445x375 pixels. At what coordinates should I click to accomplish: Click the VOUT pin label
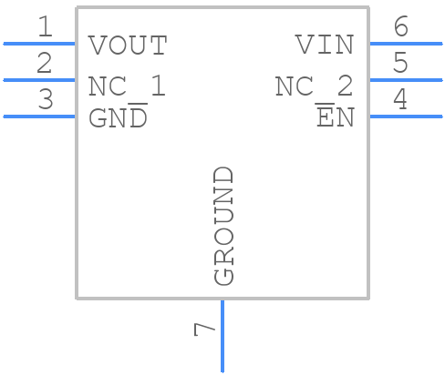128,45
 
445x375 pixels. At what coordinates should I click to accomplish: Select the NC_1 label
127,86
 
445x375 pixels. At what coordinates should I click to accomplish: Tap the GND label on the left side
118,119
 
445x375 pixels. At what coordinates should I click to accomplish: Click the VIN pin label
324,45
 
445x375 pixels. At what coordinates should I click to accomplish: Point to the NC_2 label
314,86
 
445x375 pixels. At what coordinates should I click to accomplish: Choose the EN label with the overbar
335,119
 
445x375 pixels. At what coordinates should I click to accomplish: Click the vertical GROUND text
223,226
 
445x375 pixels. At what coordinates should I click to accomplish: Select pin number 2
45,64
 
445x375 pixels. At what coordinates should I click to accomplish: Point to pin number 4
399,100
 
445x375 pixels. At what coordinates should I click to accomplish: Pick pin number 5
400,64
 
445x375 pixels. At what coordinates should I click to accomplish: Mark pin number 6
400,27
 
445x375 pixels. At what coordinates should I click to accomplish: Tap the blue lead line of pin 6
405,43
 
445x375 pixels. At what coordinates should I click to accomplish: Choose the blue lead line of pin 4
405,116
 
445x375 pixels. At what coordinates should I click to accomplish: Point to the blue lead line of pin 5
405,79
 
